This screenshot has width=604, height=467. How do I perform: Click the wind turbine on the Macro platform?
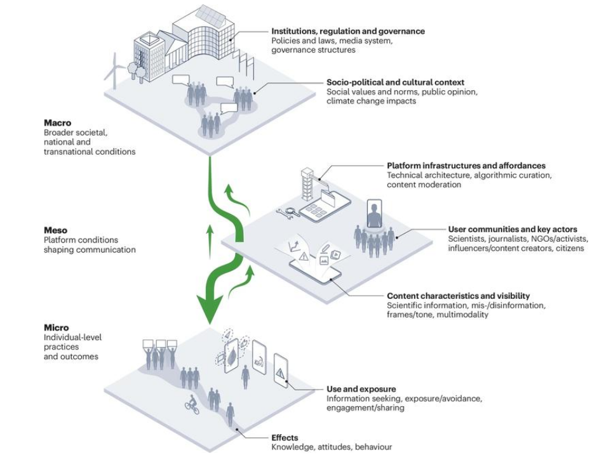click(113, 71)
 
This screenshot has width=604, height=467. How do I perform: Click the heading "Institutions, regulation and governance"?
click(348, 31)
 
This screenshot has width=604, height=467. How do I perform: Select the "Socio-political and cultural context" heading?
click(395, 82)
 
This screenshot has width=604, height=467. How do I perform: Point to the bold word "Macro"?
click(57, 123)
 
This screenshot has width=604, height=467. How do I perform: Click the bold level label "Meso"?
click(55, 230)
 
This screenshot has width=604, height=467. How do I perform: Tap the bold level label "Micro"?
click(57, 328)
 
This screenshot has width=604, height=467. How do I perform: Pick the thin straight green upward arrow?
click(210, 241)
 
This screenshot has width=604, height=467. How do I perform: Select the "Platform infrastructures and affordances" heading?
click(466, 166)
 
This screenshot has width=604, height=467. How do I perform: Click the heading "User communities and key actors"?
click(513, 230)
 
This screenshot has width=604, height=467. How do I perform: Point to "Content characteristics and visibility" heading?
click(458, 296)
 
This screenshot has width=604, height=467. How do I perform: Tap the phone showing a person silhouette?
click(374, 213)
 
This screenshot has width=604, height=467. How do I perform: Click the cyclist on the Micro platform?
click(192, 405)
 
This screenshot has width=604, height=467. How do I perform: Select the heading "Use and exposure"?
click(361, 389)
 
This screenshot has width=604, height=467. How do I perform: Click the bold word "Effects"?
click(285, 438)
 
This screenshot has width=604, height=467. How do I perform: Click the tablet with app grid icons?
click(325, 208)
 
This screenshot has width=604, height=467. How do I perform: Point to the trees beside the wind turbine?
click(136, 72)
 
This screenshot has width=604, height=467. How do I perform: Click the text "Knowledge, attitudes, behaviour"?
click(332, 447)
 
